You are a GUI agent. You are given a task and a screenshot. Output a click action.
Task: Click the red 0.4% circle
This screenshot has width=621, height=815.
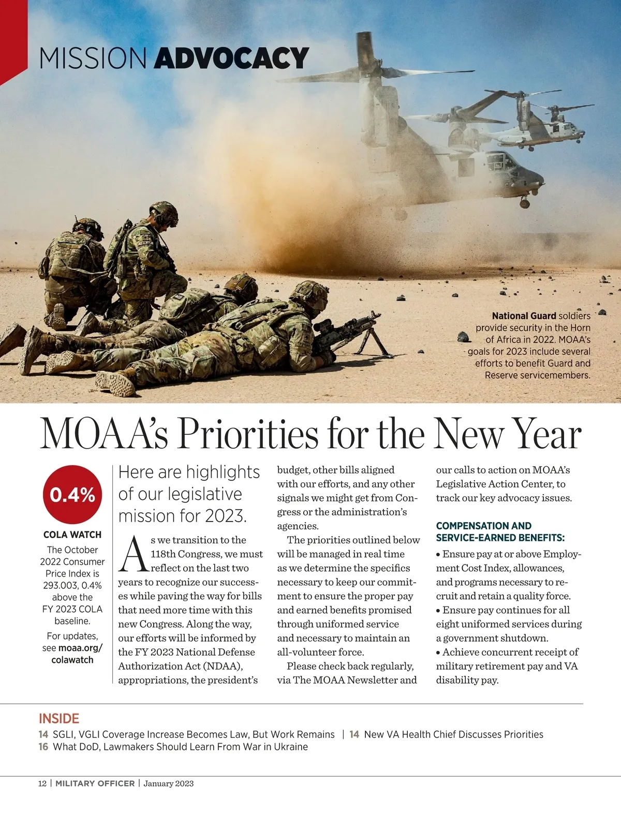pyautogui.click(x=72, y=495)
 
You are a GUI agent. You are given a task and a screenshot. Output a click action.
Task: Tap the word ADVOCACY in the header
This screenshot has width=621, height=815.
pyautogui.click(x=231, y=58)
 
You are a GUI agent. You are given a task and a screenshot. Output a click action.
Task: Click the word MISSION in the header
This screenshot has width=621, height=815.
pyautogui.click(x=93, y=58)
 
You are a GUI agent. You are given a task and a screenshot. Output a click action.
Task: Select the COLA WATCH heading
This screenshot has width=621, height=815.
pyautogui.click(x=72, y=535)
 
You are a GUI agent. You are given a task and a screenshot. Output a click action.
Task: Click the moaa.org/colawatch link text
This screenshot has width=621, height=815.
pyautogui.click(x=72, y=654)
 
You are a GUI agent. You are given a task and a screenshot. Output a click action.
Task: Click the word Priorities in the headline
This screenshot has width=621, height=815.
pyautogui.click(x=248, y=435)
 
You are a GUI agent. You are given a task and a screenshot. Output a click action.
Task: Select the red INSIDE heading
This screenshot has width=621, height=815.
pyautogui.click(x=59, y=718)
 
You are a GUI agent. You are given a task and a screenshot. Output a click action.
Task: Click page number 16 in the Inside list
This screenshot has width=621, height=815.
pyautogui.click(x=43, y=747)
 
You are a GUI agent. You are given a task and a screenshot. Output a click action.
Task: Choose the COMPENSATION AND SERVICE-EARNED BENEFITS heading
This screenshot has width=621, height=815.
pyautogui.click(x=500, y=531)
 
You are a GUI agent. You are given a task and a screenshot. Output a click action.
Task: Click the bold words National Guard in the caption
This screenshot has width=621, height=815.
pyautogui.click(x=524, y=316)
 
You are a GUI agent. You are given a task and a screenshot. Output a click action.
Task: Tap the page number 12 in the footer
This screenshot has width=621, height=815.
pyautogui.click(x=42, y=783)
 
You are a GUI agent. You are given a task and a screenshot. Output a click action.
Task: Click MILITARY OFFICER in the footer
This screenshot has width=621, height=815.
pyautogui.click(x=95, y=783)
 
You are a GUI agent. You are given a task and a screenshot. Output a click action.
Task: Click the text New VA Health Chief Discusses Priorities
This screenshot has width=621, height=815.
pyautogui.click(x=453, y=734)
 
